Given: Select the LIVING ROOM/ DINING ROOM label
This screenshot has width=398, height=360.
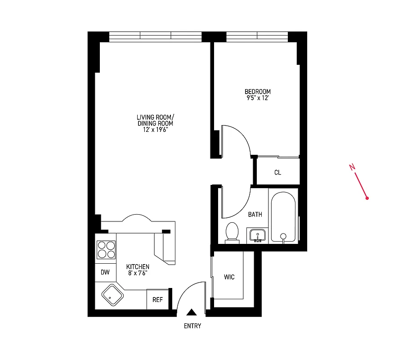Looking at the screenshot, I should coord(155,120).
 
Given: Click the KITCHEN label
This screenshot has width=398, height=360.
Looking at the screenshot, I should coord(138,267).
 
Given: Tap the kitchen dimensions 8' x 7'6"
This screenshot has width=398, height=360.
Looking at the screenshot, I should coord(138,273).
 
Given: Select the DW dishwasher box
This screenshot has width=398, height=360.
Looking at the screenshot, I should coord(105,272).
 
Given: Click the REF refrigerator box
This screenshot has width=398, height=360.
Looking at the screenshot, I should coord(157,300).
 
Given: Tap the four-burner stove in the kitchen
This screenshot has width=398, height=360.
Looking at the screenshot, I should coord(106,249).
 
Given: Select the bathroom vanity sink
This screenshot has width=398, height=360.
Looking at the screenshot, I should coord(257,235).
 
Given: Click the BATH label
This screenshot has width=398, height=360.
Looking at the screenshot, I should coord(255,215).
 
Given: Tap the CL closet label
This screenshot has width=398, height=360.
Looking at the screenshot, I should coord(277,172).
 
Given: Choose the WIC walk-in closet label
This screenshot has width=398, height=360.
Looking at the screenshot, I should coord(229,277).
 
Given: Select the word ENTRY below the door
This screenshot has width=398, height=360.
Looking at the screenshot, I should coord(192,326).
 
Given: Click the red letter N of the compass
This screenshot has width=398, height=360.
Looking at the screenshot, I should coord(352,167).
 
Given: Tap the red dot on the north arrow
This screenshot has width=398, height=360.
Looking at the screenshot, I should coord(367,198).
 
